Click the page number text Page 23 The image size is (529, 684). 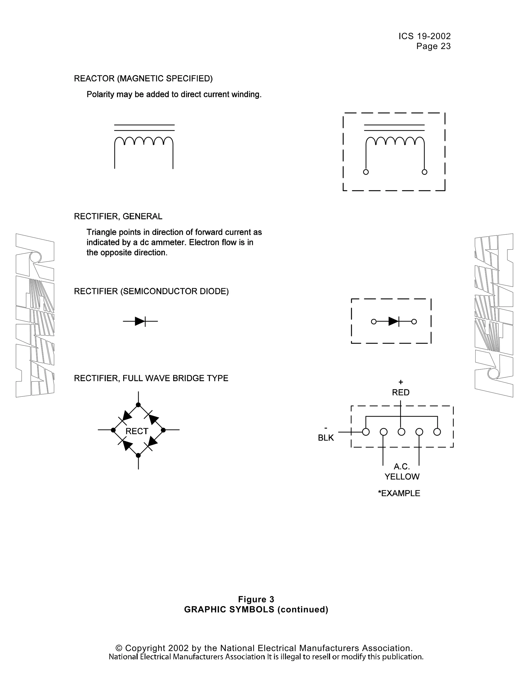[x=433, y=46]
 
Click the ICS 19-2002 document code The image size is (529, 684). [x=424, y=36]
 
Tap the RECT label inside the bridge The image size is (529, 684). [x=137, y=431]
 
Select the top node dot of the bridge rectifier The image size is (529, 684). [x=138, y=405]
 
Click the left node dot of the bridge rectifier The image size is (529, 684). [x=113, y=430]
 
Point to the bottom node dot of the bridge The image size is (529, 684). [x=138, y=455]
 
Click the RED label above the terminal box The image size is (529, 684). [x=401, y=392]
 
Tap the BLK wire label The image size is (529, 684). [x=326, y=438]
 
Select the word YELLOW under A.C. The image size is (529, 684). [x=402, y=477]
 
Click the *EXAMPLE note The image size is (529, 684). [x=399, y=493]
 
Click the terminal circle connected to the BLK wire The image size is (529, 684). [x=366, y=432]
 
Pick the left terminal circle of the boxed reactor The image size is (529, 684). [x=366, y=172]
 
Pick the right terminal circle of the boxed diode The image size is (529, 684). [x=414, y=321]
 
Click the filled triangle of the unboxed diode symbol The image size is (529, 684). [x=139, y=321]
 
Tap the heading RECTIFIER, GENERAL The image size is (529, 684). [x=118, y=216]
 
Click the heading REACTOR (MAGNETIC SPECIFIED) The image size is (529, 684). [x=143, y=79]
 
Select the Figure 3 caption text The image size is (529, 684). [x=256, y=599]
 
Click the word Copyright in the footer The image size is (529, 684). [x=145, y=648]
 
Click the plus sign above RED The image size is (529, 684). [x=401, y=382]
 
